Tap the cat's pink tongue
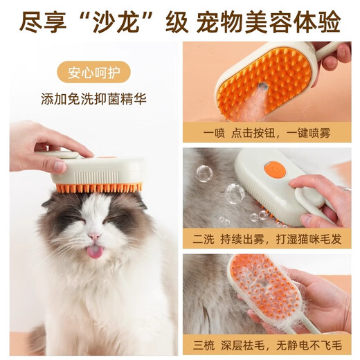[x=94, y=251]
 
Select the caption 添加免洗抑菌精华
[x=93, y=98]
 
